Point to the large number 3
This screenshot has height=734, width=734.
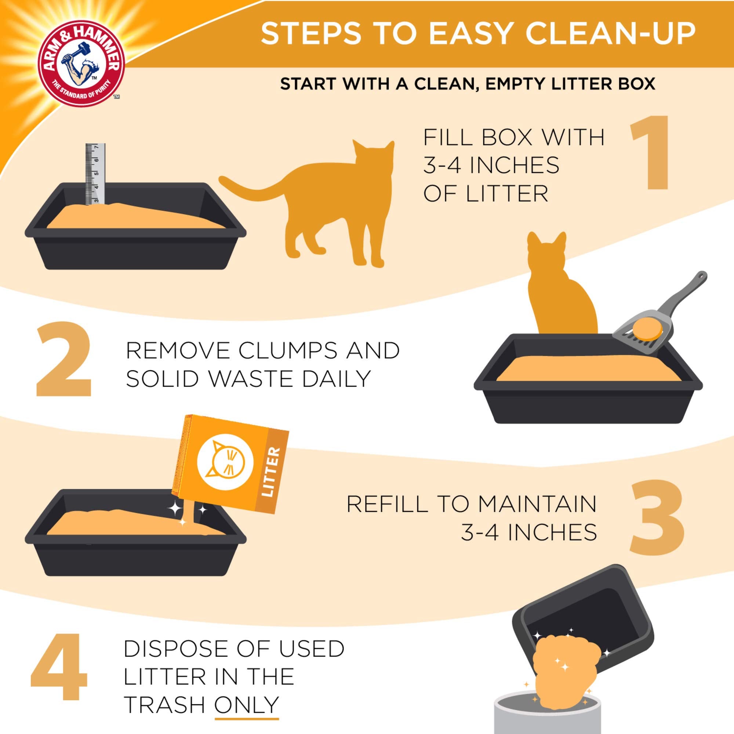click(x=657, y=517)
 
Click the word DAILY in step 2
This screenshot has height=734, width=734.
click(x=336, y=379)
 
